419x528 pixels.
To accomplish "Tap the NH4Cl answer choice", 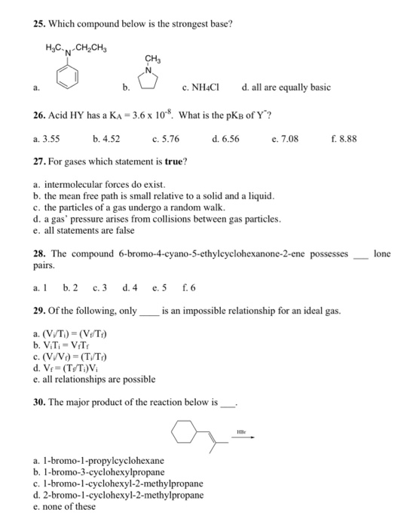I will [200, 87].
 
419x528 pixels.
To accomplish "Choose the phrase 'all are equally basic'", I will [291, 87].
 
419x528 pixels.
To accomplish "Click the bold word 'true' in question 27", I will [176, 161].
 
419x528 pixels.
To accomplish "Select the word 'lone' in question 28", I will [382, 254].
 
